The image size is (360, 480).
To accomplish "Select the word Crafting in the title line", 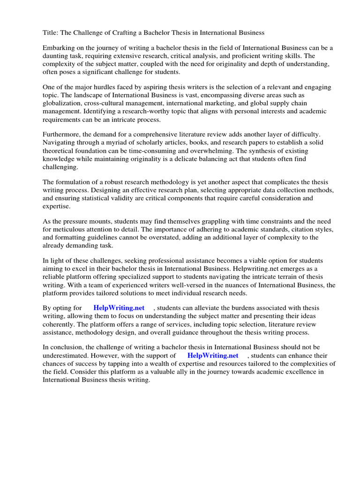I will (124, 33).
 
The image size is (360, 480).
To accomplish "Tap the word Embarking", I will (60, 48).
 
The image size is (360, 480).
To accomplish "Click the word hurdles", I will (115, 88).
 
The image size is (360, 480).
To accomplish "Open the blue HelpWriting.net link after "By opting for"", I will (119, 308).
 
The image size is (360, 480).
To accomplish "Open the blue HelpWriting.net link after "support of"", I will (212, 355).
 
